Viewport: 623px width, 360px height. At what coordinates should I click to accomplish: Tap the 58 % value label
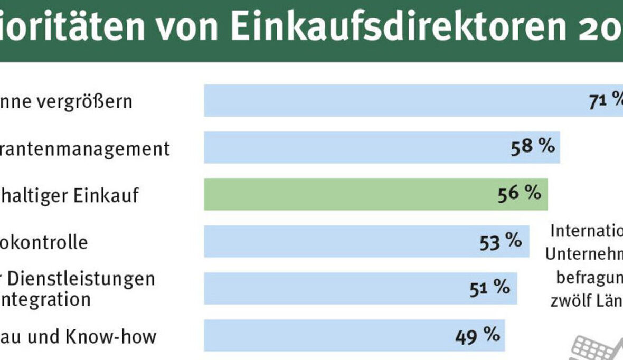tap(533, 147)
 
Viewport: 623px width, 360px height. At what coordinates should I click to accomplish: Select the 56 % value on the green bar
tap(520, 194)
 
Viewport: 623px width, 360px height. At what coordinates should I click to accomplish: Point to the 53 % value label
tap(501, 241)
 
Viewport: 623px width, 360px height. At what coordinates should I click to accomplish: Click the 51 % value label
tap(489, 288)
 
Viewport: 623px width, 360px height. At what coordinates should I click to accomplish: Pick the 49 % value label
tap(477, 334)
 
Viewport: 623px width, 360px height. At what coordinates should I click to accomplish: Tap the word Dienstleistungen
tap(84, 278)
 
